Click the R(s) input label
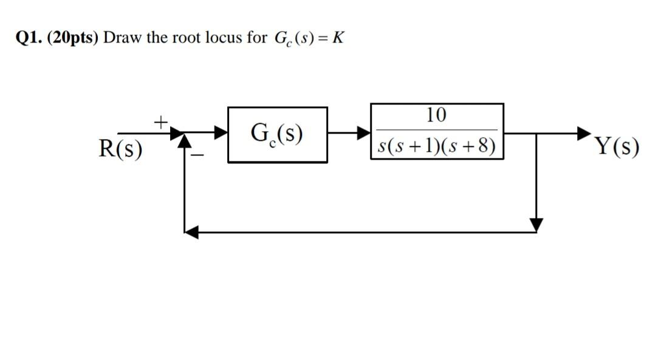point(120,148)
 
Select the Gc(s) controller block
point(278,134)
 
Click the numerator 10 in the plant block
point(436,114)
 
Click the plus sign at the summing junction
point(160,122)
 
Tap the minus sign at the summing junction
point(197,156)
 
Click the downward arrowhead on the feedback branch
point(536,225)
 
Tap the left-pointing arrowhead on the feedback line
point(191,232)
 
